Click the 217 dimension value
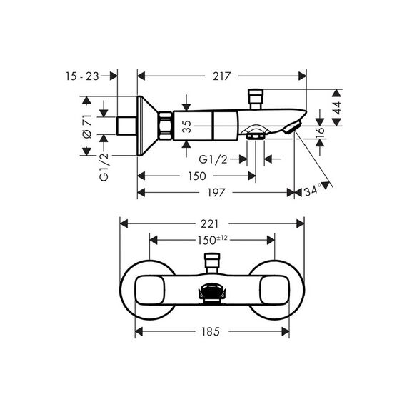(221, 76)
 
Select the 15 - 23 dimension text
(82, 76)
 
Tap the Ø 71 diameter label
(87, 126)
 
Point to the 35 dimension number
(186, 126)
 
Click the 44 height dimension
(336, 108)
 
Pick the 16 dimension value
(321, 130)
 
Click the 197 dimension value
(216, 193)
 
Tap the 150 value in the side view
(197, 176)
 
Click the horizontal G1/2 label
(213, 159)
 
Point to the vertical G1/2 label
(104, 167)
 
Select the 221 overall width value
(209, 224)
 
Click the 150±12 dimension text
(212, 240)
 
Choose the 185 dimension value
(211, 332)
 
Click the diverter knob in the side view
(256, 99)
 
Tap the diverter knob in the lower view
(212, 263)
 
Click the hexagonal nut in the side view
(166, 126)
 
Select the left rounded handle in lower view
(150, 290)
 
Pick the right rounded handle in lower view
(274, 290)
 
